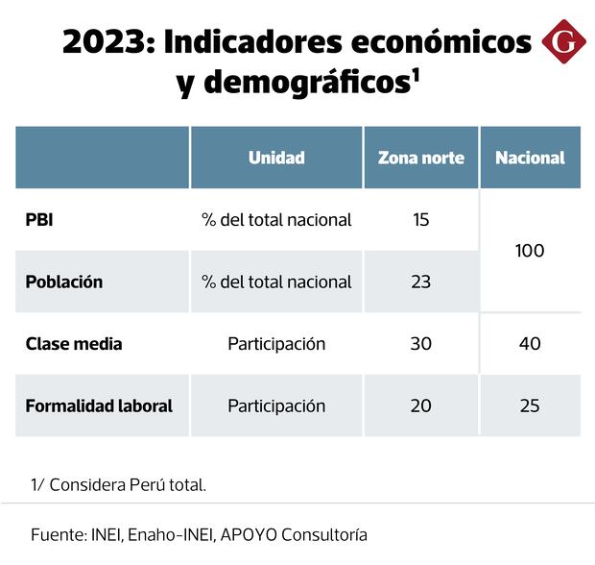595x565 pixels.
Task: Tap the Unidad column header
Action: click(276, 158)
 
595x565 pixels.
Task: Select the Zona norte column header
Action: click(421, 158)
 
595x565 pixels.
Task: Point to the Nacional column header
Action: click(530, 158)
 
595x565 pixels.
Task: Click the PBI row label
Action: click(40, 219)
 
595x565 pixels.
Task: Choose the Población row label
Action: click(63, 282)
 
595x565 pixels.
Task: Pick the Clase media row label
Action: click(74, 344)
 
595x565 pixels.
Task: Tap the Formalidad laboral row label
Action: click(99, 405)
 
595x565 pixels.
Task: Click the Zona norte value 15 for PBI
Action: click(421, 219)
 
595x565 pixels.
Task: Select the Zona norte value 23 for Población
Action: click(421, 282)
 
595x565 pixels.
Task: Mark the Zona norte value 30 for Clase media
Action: click(421, 344)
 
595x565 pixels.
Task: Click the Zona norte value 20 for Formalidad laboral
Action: click(421, 405)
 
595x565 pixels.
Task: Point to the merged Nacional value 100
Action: click(530, 251)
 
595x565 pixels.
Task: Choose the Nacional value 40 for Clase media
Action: click(530, 344)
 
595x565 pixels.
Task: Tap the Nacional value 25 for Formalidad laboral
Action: click(530, 405)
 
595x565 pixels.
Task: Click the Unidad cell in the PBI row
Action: click(276, 219)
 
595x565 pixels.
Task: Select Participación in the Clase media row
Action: click(276, 344)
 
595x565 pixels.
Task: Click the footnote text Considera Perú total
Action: click(128, 485)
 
